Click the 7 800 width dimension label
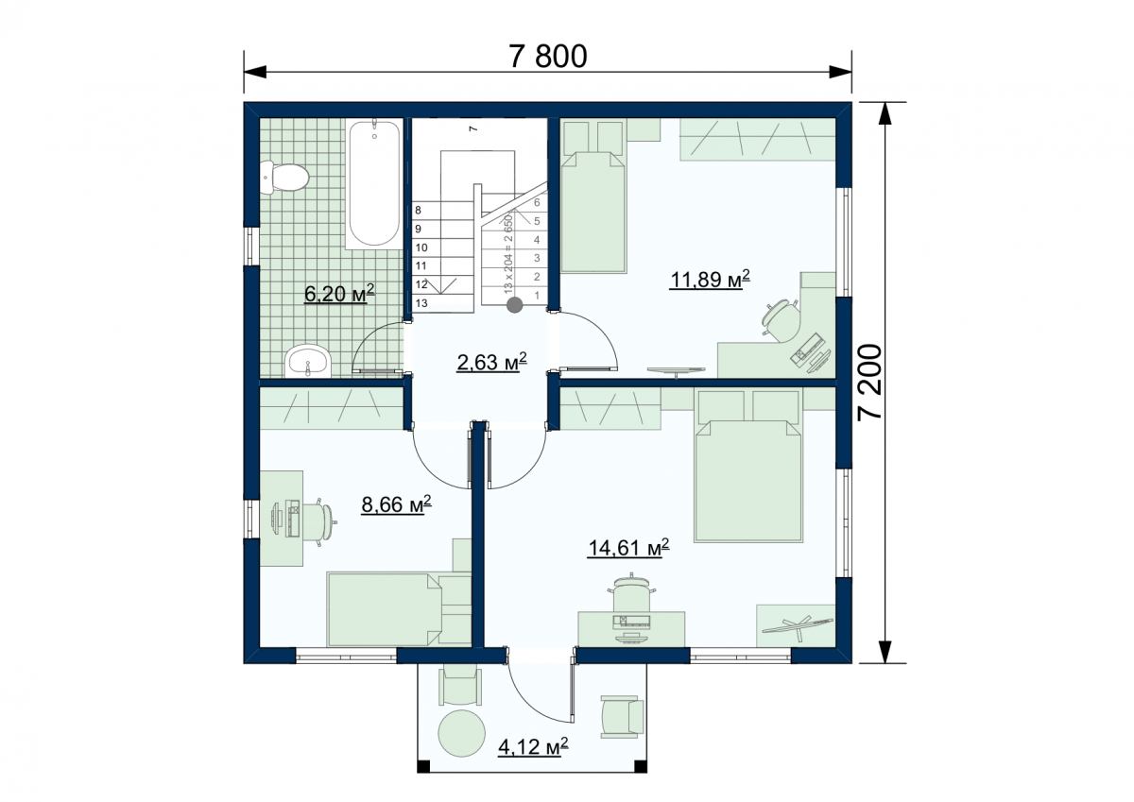548,56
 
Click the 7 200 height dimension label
870,382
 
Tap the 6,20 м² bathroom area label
339,293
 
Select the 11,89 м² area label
710,279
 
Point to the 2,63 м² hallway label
491,361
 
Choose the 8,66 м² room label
396,504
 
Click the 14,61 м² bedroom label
628,548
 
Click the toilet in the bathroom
284,177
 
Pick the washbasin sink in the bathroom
308,361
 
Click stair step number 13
421,303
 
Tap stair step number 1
537,295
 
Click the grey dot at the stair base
515,304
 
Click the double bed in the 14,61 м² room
748,466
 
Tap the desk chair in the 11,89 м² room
781,320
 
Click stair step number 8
418,210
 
